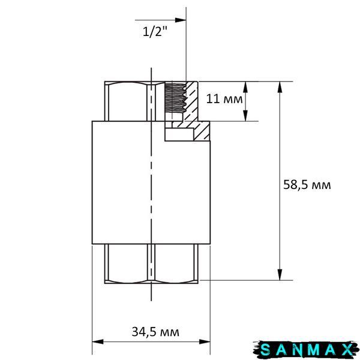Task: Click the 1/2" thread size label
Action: [x=155, y=32]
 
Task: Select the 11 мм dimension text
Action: [x=224, y=99]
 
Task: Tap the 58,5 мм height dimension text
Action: [x=307, y=185]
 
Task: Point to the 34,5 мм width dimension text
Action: [x=155, y=332]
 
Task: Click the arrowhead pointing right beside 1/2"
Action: [x=181, y=20]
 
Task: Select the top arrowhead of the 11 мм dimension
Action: [x=245, y=87]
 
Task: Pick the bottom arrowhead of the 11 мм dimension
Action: [x=245, y=115]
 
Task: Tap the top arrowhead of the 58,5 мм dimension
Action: [x=280, y=87]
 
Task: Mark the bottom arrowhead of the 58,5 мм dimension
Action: [x=280, y=275]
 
